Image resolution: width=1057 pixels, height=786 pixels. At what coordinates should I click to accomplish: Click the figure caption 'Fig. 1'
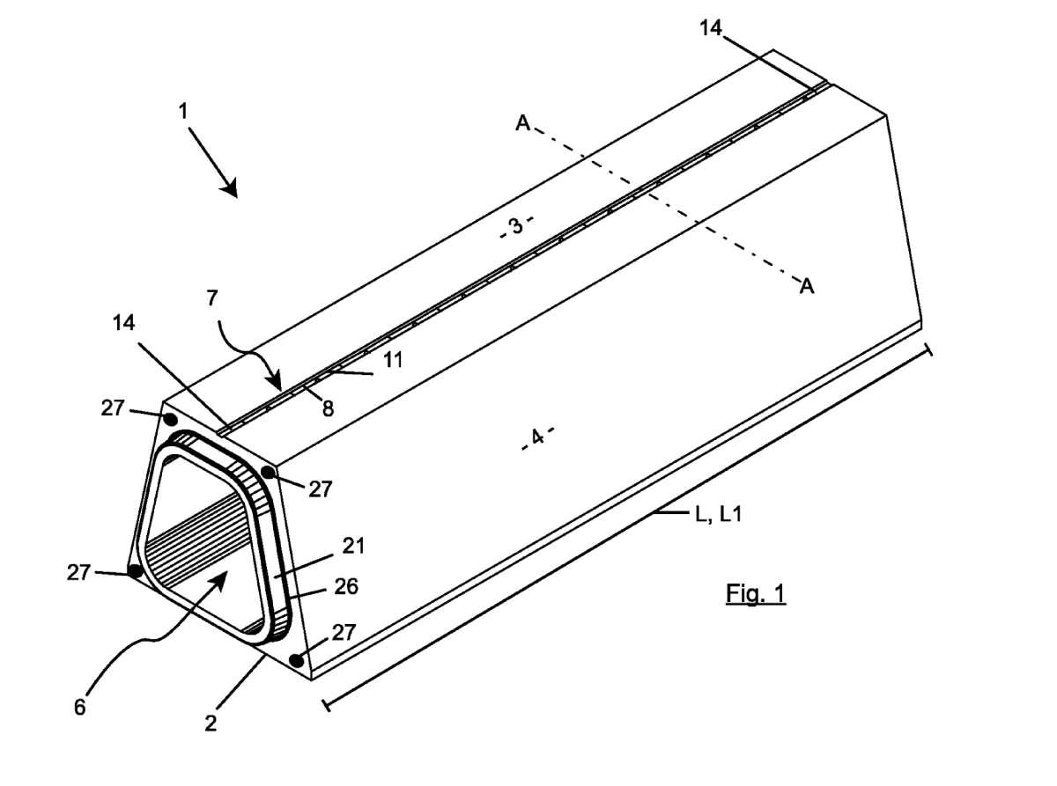click(756, 593)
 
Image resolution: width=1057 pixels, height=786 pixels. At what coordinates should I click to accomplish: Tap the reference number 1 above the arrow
click(183, 112)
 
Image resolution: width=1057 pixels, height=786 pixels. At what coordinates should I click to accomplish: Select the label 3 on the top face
click(517, 226)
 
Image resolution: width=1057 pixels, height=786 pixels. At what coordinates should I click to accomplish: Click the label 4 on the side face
click(537, 437)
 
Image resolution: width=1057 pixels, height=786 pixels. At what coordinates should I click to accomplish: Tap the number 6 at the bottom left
click(80, 707)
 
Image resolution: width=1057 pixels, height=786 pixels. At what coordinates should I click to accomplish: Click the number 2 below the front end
click(211, 724)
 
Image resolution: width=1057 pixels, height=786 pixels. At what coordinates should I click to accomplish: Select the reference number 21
click(353, 546)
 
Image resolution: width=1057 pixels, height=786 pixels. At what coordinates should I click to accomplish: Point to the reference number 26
click(346, 586)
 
